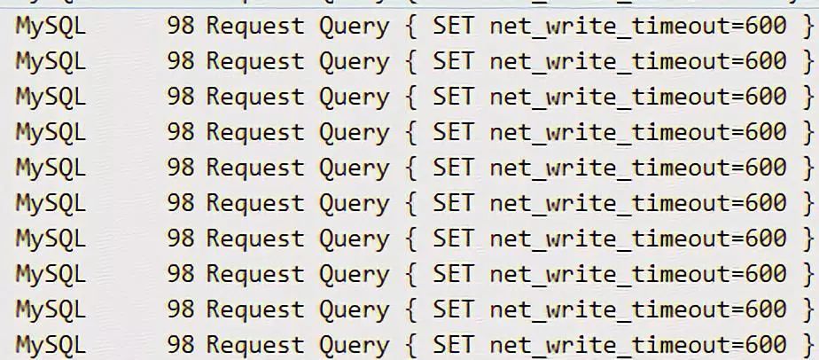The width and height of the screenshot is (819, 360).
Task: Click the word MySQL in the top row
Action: tap(51, 27)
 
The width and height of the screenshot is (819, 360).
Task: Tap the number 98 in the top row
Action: tap(180, 27)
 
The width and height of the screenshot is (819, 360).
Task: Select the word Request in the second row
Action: tap(255, 62)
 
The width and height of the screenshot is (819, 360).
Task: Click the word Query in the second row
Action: tap(354, 62)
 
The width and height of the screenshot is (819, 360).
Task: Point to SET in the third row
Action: tap(453, 98)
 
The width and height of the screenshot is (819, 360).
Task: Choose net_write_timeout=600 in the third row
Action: tap(637, 98)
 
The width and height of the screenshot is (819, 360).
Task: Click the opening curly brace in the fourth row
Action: tap(410, 133)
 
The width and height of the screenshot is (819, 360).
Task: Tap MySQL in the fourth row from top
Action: tap(51, 133)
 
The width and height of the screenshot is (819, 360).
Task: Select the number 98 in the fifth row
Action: tap(180, 168)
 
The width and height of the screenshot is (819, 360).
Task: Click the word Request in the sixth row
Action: tap(255, 204)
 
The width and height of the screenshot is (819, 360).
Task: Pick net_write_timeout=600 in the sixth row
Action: tap(637, 204)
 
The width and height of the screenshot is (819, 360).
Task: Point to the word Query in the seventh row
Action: tap(354, 239)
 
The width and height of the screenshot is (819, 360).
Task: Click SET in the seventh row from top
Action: tap(453, 239)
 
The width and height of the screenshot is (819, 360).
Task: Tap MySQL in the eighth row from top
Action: tap(51, 275)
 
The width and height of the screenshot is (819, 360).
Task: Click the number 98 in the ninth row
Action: tap(180, 310)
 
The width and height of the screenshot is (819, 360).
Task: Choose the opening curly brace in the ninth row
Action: tap(410, 310)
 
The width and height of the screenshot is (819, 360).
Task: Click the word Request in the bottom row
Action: tap(255, 345)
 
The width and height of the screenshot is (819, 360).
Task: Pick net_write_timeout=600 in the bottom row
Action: tap(637, 345)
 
